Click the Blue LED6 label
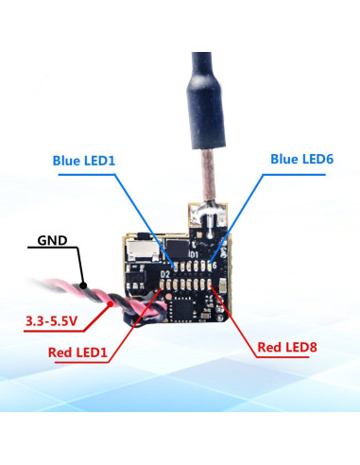pos(301,160)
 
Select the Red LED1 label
pos(78,353)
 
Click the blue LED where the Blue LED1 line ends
pos(171,266)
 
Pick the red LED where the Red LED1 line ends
pos(171,287)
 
